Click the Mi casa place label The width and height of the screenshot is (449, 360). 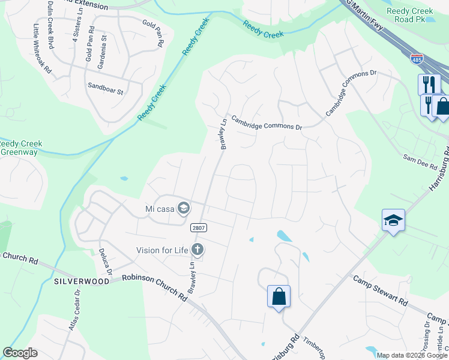pyautogui.click(x=158, y=209)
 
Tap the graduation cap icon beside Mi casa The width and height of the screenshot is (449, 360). pyautogui.click(x=184, y=209)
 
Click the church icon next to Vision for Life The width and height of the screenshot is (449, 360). pyautogui.click(x=197, y=250)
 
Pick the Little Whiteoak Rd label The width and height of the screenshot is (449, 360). pyautogui.click(x=42, y=48)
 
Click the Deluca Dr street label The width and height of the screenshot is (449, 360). pyautogui.click(x=105, y=262)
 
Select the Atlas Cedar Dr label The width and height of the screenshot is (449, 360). pyautogui.click(x=74, y=310)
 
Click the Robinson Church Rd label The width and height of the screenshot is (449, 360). pyautogui.click(x=155, y=286)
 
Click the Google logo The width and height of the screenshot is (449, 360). pyautogui.click(x=20, y=353)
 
